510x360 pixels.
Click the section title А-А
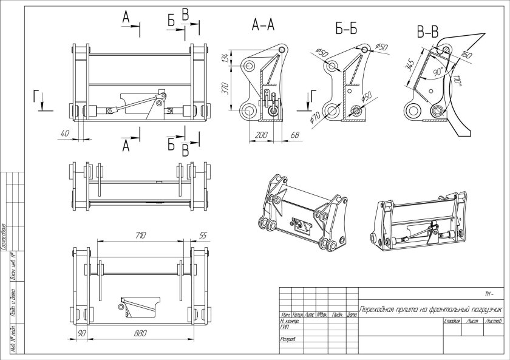pyautogui.click(x=263, y=25)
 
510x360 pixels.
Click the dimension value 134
pyautogui.click(x=226, y=58)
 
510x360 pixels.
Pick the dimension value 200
pyautogui.click(x=262, y=134)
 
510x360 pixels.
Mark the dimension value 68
pyautogui.click(x=295, y=134)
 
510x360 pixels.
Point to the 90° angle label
pyautogui.click(x=438, y=71)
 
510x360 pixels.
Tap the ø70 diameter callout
pyautogui.click(x=315, y=115)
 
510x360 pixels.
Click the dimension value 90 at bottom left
pyautogui.click(x=81, y=334)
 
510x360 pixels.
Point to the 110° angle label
pyautogui.click(x=457, y=80)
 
